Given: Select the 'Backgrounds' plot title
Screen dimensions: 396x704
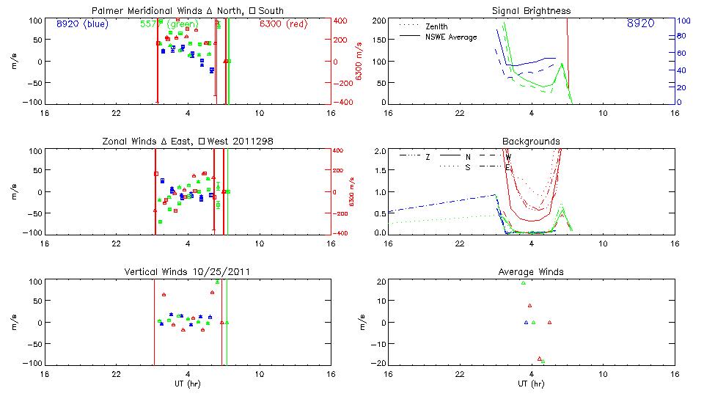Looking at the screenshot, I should (x=532, y=141).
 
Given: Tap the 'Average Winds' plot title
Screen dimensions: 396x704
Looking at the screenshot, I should (x=532, y=272).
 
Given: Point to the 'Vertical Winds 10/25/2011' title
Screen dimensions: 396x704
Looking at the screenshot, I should (x=188, y=272).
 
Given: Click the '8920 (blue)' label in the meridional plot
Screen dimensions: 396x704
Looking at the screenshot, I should (x=82, y=23).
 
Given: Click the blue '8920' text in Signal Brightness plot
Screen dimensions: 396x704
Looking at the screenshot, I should (x=640, y=23).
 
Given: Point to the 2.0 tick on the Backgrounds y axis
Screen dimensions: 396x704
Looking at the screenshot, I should (x=380, y=151).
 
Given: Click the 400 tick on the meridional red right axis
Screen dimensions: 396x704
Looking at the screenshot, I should (x=342, y=21).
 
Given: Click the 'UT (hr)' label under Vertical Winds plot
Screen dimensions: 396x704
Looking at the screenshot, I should (x=188, y=384).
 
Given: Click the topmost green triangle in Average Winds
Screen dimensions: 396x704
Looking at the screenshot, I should (x=523, y=283).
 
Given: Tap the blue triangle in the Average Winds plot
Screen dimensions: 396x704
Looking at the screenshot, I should (x=526, y=322).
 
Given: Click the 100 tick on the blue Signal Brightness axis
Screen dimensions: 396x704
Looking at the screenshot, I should (x=682, y=21).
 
